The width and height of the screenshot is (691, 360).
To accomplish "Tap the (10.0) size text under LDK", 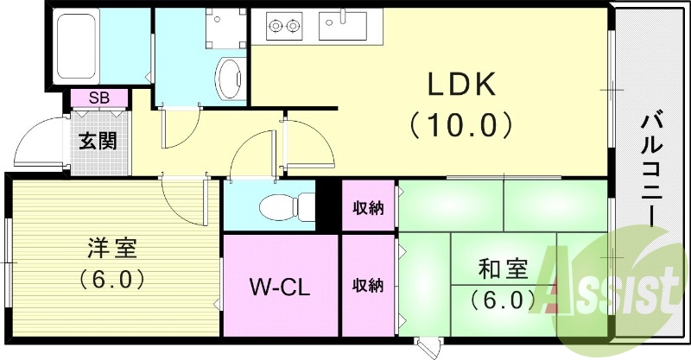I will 461,126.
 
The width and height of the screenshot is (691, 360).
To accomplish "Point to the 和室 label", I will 504,271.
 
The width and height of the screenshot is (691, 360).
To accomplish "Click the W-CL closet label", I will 280,285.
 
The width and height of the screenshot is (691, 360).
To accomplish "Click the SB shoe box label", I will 98,97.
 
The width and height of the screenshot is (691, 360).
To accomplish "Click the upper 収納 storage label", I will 368,207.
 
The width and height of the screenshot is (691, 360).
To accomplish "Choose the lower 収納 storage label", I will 368,285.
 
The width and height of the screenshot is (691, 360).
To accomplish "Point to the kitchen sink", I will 343,25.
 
